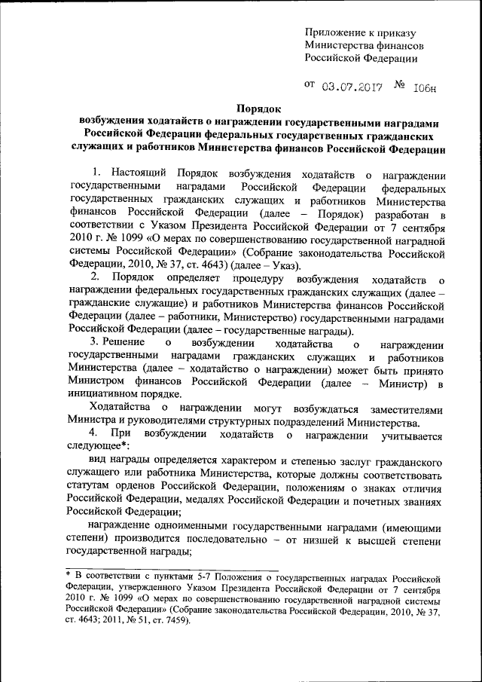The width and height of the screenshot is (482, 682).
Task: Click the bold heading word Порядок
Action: click(260, 110)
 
